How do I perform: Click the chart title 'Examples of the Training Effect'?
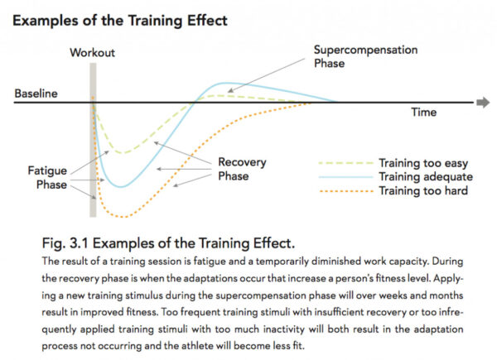121,18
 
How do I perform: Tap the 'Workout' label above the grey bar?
93,53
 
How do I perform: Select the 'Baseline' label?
36,94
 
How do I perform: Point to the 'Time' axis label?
424,112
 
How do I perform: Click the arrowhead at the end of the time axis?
483,103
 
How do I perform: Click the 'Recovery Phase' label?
235,169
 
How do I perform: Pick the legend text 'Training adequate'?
425,177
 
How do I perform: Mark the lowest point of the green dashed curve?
121,153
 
